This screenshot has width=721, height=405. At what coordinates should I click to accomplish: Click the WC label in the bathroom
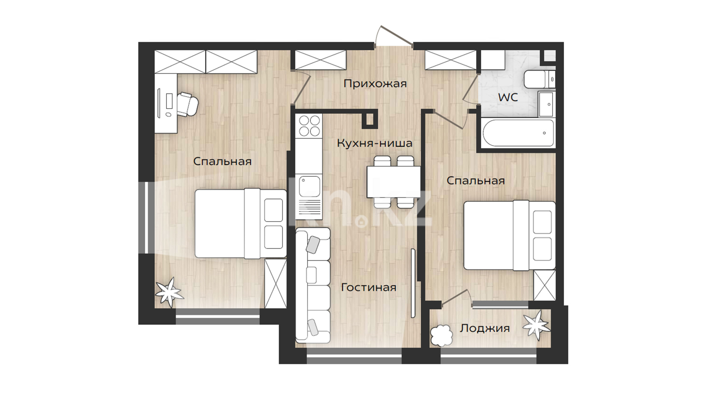[508, 97]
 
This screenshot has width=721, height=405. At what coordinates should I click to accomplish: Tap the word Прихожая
[375, 84]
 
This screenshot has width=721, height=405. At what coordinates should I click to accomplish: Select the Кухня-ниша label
[374, 143]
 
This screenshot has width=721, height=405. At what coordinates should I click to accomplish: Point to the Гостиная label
[368, 287]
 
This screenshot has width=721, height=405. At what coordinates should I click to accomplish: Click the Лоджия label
[485, 328]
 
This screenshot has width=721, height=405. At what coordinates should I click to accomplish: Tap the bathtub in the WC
[518, 133]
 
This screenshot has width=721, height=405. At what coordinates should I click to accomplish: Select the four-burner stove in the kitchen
[309, 126]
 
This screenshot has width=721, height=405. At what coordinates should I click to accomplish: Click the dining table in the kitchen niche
[394, 182]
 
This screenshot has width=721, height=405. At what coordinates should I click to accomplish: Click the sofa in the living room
[313, 285]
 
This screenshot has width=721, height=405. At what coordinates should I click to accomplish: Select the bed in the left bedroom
[241, 223]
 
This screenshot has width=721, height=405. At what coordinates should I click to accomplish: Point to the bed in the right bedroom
[510, 235]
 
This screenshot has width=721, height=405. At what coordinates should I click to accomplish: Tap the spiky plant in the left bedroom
[169, 292]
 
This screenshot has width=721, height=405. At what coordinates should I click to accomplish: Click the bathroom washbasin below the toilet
[546, 104]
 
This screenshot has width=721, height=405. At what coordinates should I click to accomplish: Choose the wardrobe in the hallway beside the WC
[451, 60]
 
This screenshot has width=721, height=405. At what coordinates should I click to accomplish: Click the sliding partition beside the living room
[413, 283]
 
